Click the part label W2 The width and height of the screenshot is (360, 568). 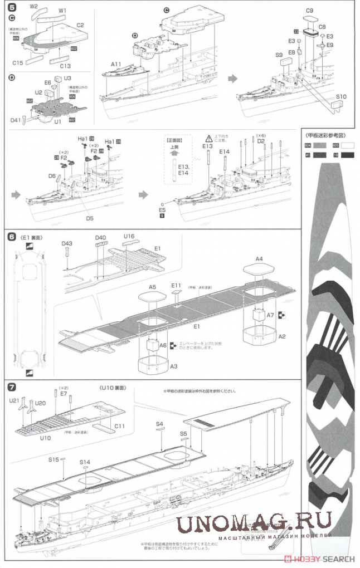coord(34,6)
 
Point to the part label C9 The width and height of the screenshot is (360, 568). coord(309,11)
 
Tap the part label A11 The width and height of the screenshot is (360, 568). coord(115,65)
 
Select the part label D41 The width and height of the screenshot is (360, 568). coord(15,120)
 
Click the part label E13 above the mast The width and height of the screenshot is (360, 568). coord(207,146)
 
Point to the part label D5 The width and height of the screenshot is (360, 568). coord(90,218)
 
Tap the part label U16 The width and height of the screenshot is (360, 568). coord(129,237)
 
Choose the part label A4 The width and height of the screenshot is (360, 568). coord(259,259)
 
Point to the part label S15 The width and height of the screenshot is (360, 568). coord(53,459)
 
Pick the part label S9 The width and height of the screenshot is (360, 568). coord(279,55)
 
